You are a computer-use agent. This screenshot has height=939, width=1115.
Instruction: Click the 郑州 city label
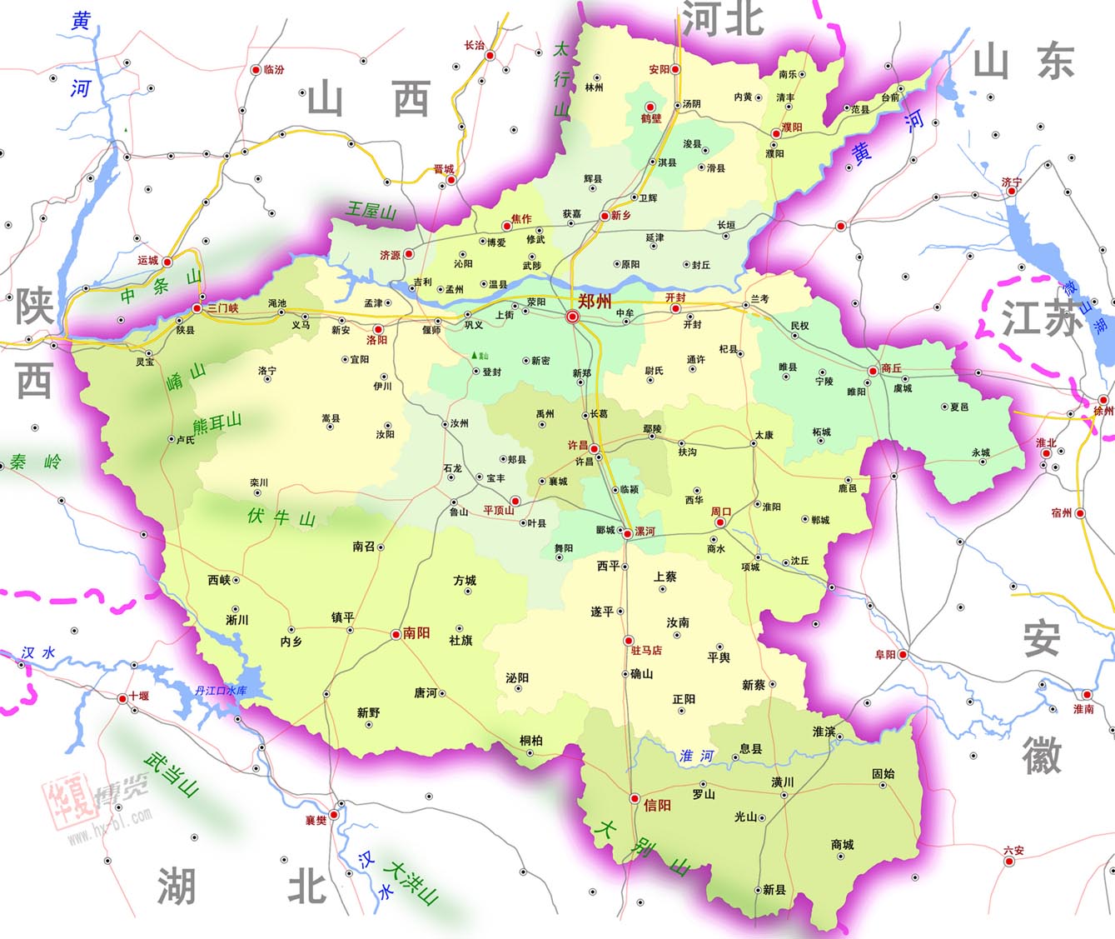pyautogui.click(x=595, y=301)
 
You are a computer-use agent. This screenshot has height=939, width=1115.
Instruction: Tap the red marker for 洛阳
pyautogui.click(x=378, y=330)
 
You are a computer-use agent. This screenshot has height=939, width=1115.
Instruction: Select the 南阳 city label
pyautogui.click(x=416, y=633)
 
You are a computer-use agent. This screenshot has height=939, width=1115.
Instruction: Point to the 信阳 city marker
pyautogui.click(x=635, y=798)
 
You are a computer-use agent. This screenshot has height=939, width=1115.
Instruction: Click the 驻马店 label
pyautogui.click(x=647, y=651)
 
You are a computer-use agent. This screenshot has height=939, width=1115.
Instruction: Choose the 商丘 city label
pyautogui.click(x=891, y=367)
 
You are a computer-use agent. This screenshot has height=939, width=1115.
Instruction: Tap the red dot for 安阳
pyautogui.click(x=676, y=69)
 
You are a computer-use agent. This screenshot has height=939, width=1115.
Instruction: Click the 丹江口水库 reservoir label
pyautogui.click(x=221, y=691)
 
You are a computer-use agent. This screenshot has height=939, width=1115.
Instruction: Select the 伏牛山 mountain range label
pyautogui.click(x=281, y=517)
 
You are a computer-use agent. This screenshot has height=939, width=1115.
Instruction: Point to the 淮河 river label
pyautogui.click(x=697, y=756)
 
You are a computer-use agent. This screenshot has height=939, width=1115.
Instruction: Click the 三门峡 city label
pyautogui.click(x=222, y=308)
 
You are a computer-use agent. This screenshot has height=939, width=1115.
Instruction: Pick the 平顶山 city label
pyautogui.click(x=499, y=511)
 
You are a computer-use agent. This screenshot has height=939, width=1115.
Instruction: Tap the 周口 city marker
pyautogui.click(x=720, y=522)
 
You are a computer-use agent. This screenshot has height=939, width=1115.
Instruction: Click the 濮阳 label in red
pyautogui.click(x=792, y=127)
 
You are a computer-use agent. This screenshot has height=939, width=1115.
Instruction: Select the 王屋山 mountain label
pyautogui.click(x=371, y=210)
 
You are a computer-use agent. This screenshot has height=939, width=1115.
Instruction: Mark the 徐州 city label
pyautogui.click(x=1103, y=411)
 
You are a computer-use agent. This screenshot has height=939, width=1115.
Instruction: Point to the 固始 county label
pyautogui.click(x=884, y=774)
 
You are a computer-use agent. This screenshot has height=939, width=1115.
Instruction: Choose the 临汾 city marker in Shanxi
pyautogui.click(x=256, y=70)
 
